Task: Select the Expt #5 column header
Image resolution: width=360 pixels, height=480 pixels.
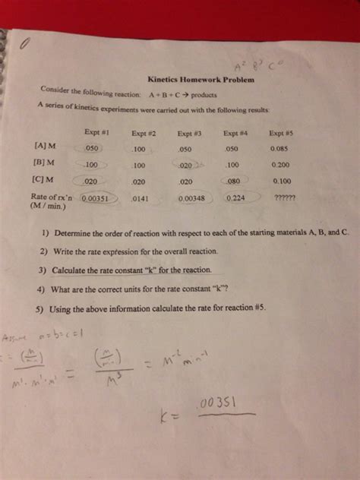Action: point(281,133)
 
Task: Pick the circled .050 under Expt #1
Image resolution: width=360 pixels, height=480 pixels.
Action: point(92,147)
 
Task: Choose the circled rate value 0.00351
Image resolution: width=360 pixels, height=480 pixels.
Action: point(96,199)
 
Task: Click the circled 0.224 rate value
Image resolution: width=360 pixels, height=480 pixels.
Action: point(236,198)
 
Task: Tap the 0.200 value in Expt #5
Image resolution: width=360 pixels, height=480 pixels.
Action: point(280,165)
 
